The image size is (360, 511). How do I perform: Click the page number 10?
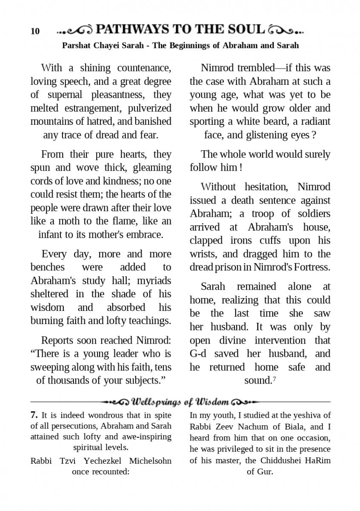pos(35,31)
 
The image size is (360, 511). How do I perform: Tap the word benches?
pos(48,267)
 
